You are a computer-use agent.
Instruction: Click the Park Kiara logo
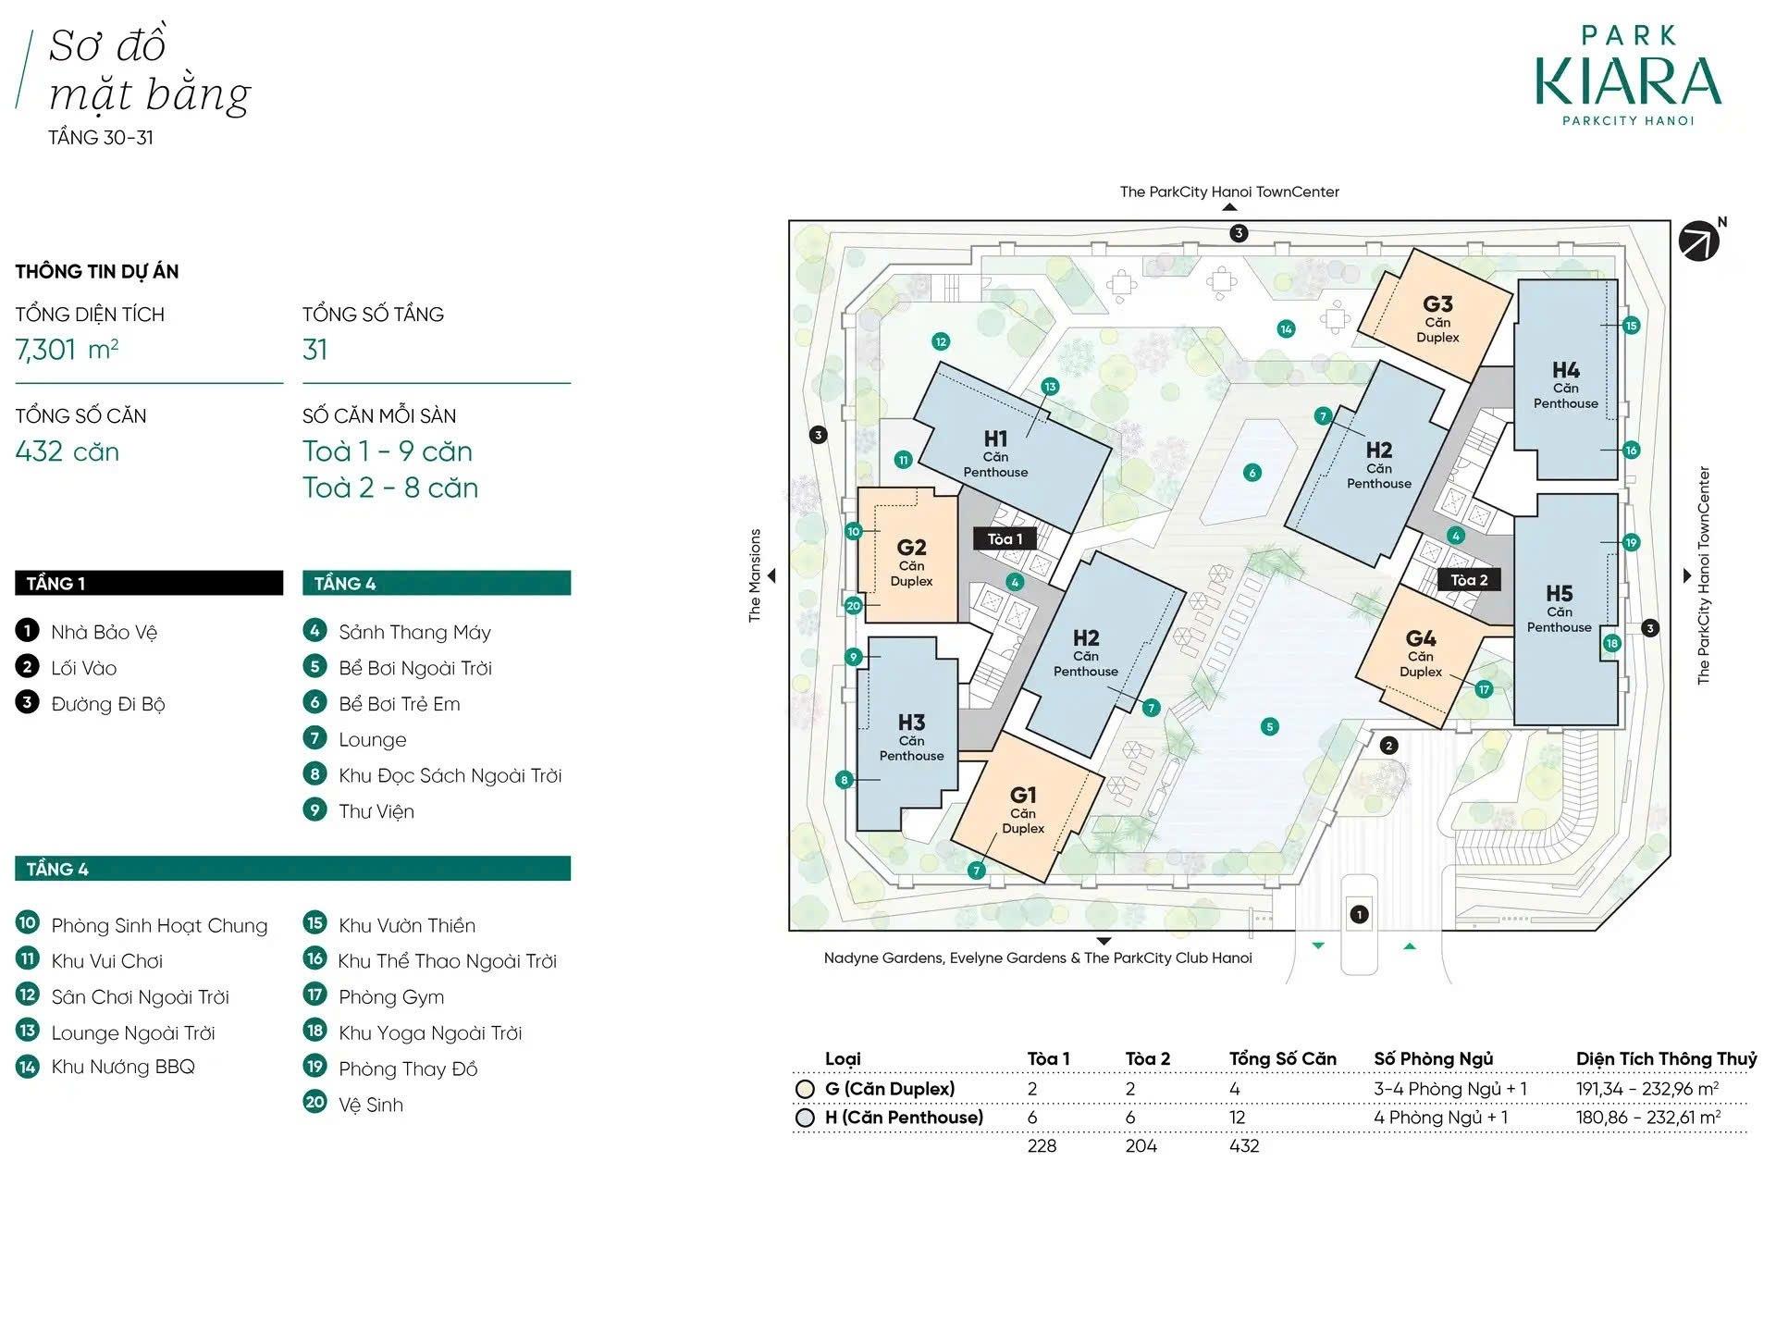click(x=1628, y=76)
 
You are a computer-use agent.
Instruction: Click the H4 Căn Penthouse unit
click(x=1566, y=380)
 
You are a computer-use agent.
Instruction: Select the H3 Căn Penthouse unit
click(x=907, y=734)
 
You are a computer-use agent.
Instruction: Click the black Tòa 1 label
click(x=1005, y=538)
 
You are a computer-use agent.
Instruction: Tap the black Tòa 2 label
click(x=1469, y=580)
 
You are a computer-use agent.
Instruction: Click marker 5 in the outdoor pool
click(x=1270, y=727)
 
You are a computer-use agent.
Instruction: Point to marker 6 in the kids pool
click(x=1252, y=473)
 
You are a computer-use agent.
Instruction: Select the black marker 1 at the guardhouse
click(x=1359, y=915)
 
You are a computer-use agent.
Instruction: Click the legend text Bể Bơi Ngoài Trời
click(x=415, y=668)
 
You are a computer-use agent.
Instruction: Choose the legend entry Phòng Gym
click(x=391, y=996)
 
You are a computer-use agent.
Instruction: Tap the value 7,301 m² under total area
click(x=67, y=349)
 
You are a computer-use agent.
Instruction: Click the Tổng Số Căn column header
click(x=1283, y=1058)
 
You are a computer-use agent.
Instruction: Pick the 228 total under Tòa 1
click(x=1042, y=1145)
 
